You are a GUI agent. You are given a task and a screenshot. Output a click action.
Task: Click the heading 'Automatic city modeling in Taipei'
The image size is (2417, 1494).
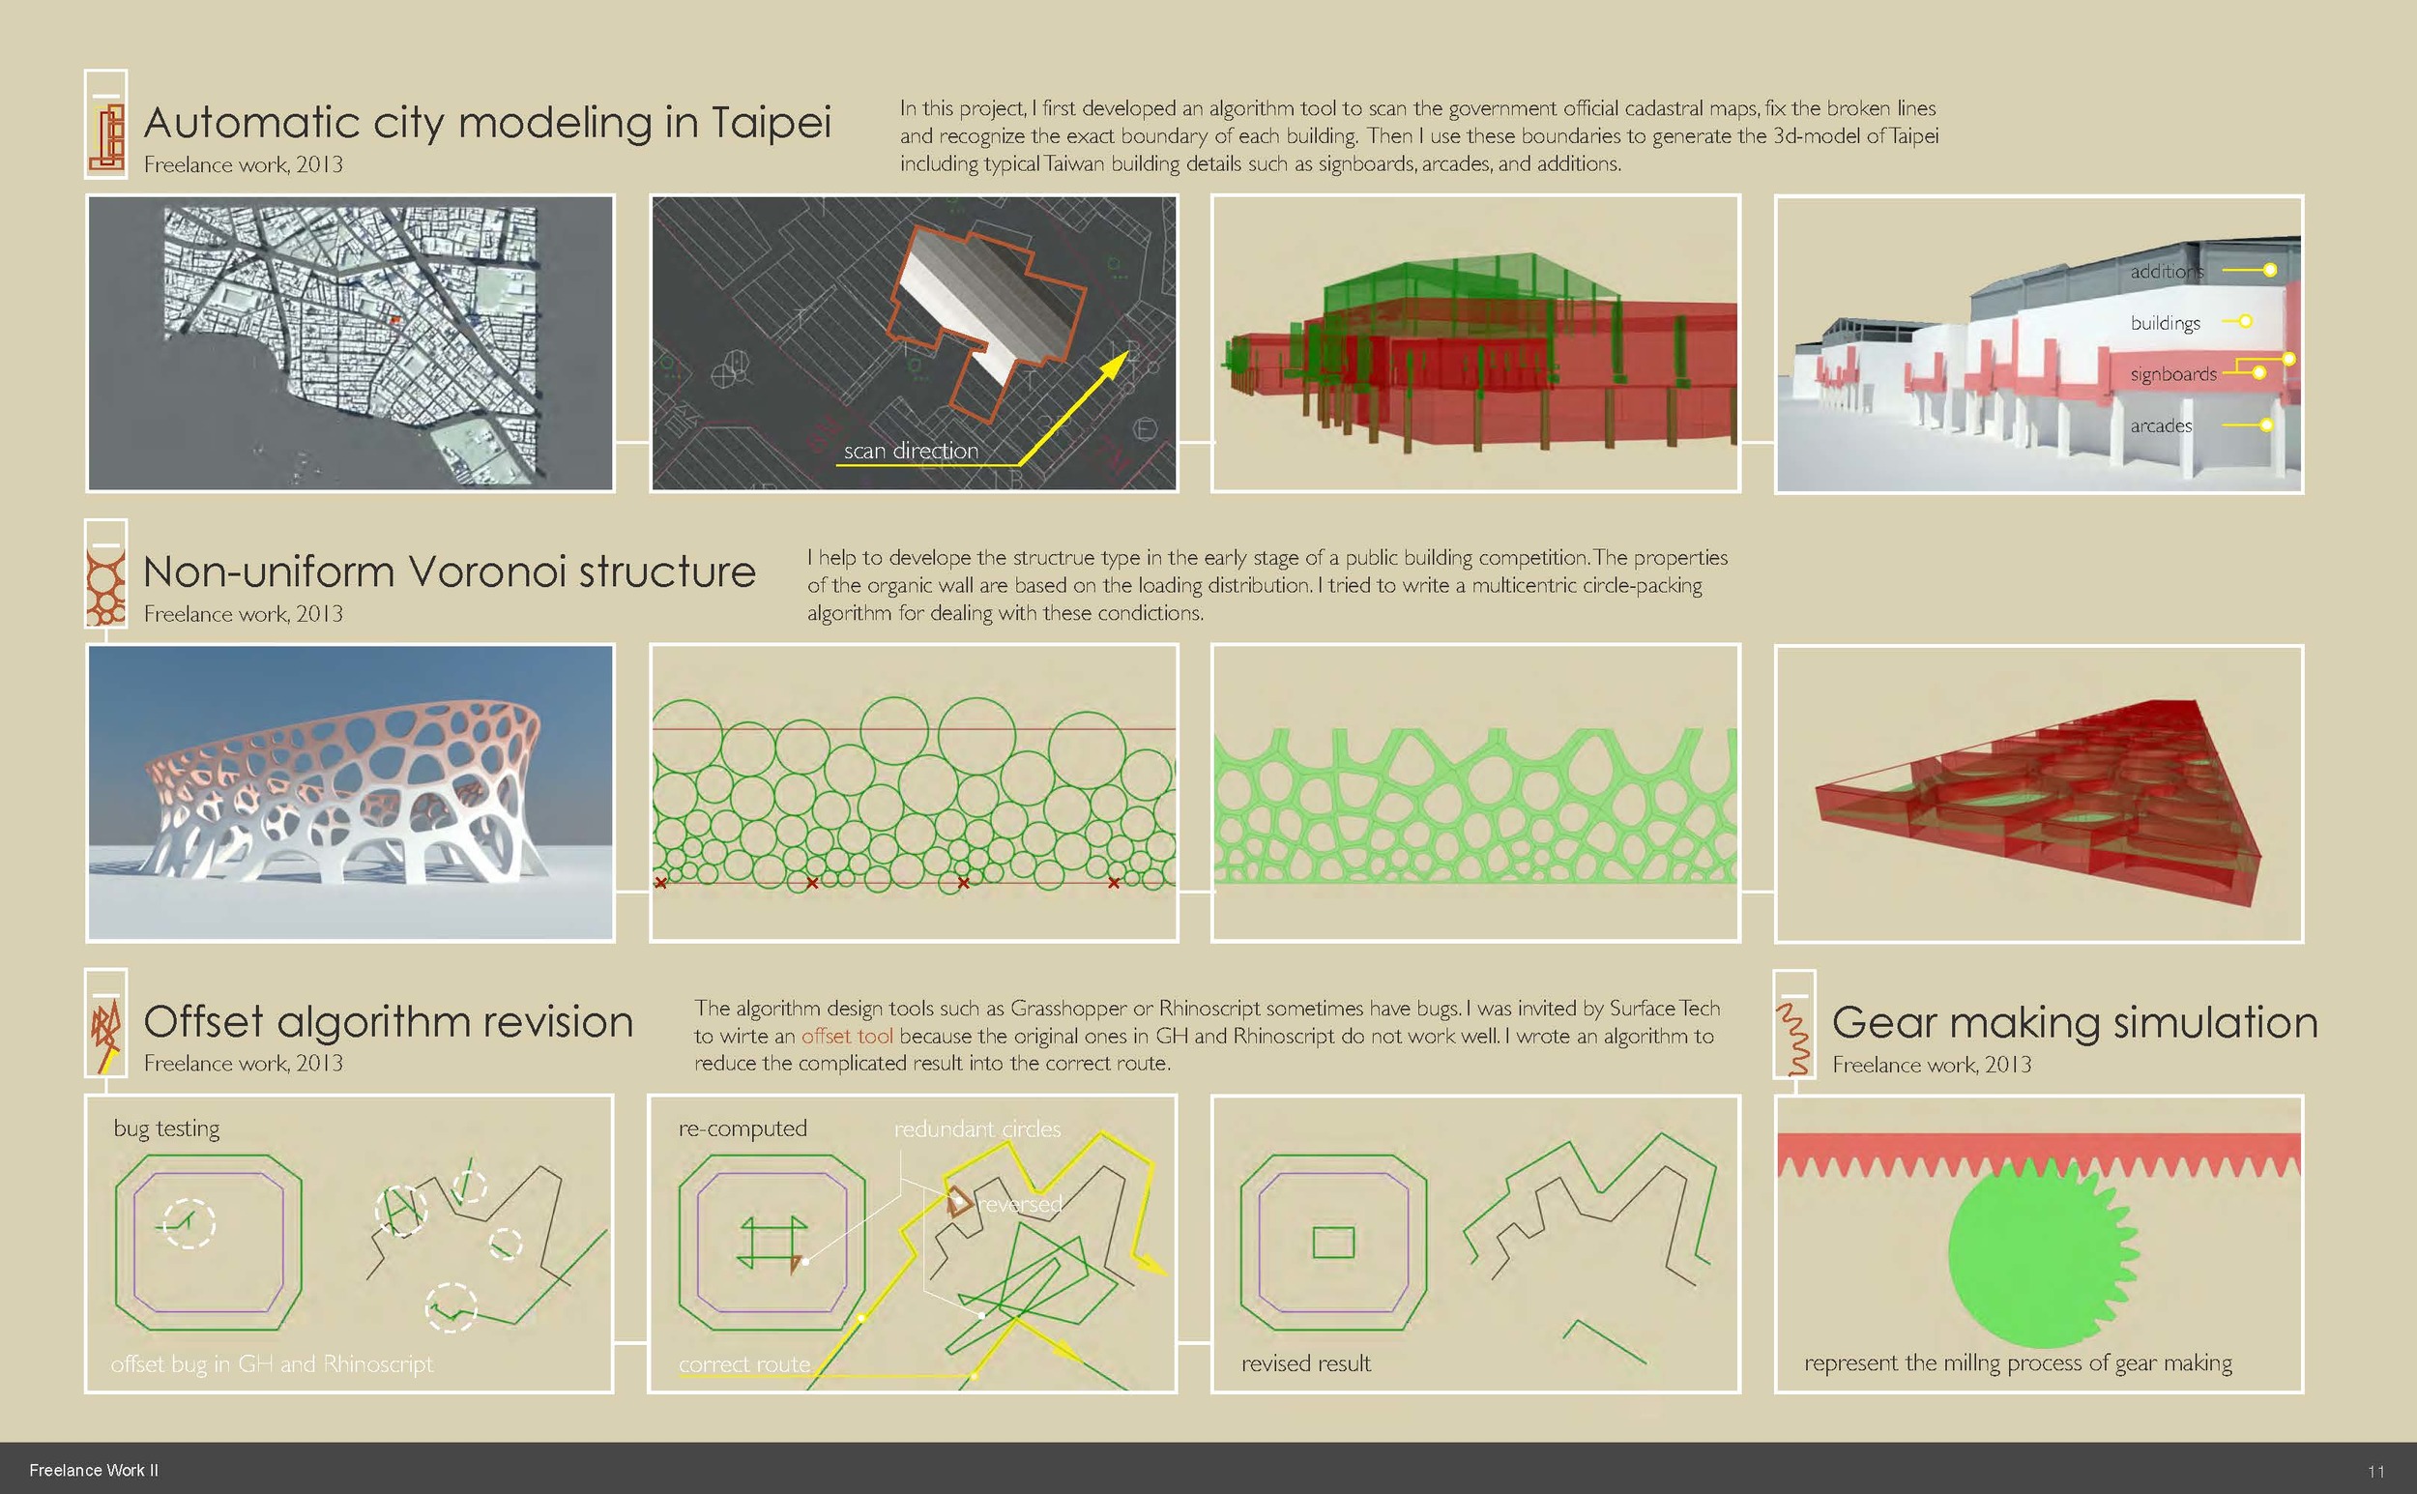(487, 123)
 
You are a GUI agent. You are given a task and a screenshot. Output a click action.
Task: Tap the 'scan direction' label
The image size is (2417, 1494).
(911, 451)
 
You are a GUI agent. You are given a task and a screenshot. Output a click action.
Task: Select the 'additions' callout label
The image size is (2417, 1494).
(2166, 271)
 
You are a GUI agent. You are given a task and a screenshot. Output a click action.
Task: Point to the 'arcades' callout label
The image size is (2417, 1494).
(2161, 425)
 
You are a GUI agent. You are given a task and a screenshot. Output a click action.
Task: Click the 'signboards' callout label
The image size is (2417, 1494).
(2173, 374)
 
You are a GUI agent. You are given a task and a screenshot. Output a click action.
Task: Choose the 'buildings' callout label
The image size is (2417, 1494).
(2165, 323)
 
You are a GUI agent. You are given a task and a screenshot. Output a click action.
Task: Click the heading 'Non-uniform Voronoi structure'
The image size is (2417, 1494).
(450, 571)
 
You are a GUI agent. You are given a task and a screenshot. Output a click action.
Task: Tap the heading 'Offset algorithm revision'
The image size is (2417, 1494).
(389, 1021)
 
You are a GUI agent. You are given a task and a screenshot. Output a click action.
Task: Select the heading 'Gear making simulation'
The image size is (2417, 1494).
(2074, 1022)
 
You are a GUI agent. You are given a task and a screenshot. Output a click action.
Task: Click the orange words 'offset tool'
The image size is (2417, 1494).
(847, 1036)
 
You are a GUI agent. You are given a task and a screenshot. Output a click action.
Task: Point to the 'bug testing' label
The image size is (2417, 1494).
(167, 1128)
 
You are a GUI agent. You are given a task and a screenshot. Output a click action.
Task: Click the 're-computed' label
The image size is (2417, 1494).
(743, 1128)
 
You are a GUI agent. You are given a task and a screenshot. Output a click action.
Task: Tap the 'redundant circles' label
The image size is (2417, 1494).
(977, 1128)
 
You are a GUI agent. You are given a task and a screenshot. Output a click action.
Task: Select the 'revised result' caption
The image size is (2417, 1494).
(1306, 1363)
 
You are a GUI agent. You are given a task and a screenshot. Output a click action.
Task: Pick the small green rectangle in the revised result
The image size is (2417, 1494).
(1333, 1242)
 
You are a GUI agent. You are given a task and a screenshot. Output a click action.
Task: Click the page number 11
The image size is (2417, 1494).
(2375, 1471)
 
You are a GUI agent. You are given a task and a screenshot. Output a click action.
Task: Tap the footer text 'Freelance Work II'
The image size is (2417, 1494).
(94, 1470)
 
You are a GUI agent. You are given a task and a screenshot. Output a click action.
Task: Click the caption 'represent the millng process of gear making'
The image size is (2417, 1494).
(2018, 1363)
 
